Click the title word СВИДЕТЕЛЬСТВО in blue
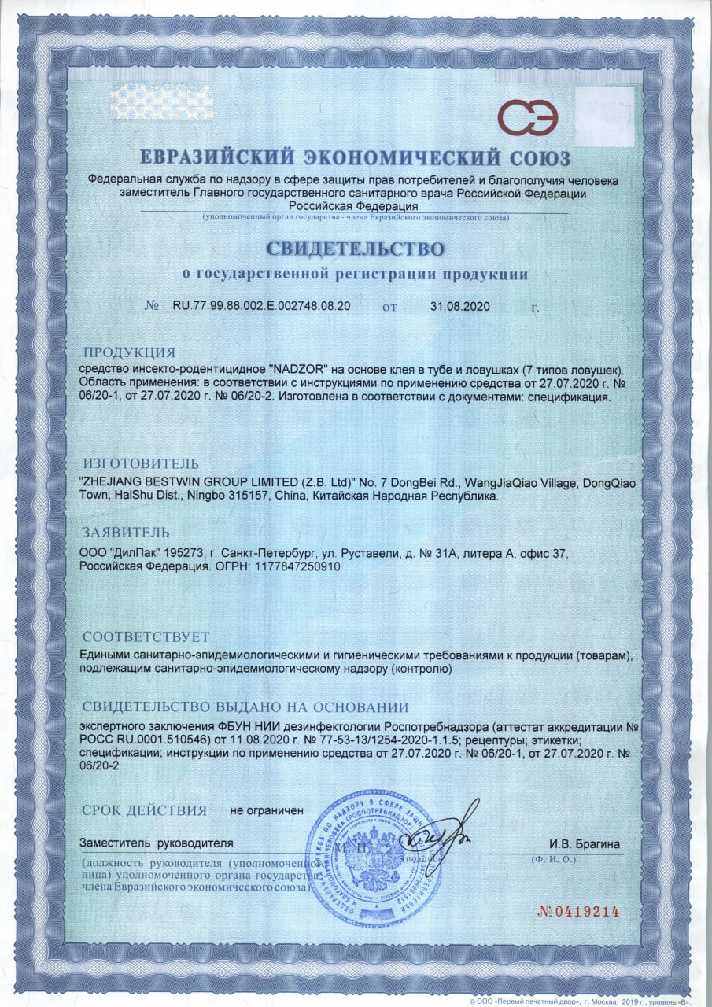tap(356, 249)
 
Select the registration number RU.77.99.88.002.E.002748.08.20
tap(261, 306)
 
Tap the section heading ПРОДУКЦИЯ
tap(129, 352)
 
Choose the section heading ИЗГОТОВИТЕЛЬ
tap(141, 463)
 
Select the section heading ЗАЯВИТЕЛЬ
tap(126, 531)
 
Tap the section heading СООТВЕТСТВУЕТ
tap(146, 636)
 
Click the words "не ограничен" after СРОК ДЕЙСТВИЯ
tap(266, 810)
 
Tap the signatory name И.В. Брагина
tap(585, 844)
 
